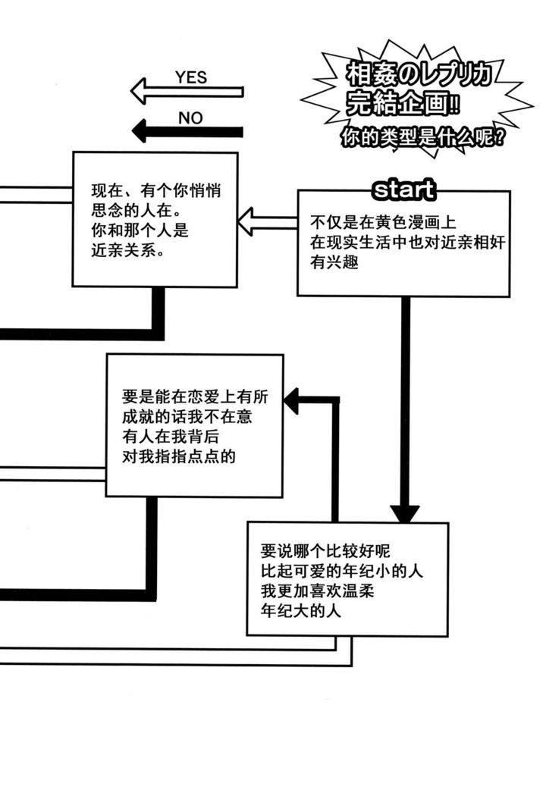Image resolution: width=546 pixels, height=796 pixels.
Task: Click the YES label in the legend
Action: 190,77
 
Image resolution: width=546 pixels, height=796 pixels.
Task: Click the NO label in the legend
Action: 190,118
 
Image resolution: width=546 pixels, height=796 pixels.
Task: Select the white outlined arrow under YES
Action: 187,92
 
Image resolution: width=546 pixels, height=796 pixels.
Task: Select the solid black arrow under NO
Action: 187,132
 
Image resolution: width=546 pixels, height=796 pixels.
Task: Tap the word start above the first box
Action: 403,189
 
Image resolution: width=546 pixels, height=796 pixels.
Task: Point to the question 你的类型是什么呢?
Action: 422,138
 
